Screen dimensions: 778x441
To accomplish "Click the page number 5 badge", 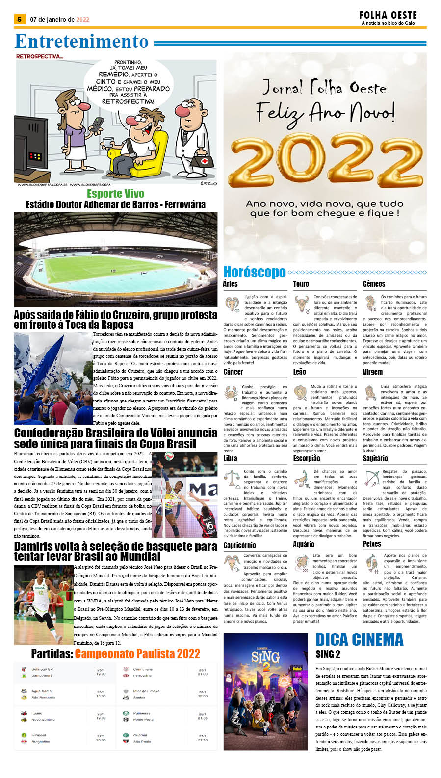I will click(x=19, y=19).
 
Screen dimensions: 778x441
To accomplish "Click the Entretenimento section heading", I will click(x=81, y=41).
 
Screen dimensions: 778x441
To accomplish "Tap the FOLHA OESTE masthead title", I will click(x=388, y=15).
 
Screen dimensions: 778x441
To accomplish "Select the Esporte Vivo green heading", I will click(x=115, y=194).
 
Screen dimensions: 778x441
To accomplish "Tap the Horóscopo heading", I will click(x=254, y=272).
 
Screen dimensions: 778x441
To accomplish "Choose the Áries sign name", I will click(x=230, y=284).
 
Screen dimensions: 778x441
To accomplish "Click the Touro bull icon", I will click(x=302, y=304).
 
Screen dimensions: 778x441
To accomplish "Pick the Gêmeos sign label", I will click(x=374, y=284).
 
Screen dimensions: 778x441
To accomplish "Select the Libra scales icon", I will click(x=232, y=478).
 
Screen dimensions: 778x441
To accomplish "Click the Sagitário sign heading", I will click(x=375, y=458).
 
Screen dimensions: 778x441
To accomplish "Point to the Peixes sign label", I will click(x=372, y=544).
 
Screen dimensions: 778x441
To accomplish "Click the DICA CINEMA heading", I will click(x=359, y=640).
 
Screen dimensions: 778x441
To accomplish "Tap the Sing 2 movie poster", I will click(x=265, y=691).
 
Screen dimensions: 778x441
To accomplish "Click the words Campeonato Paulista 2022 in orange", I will click(x=137, y=653).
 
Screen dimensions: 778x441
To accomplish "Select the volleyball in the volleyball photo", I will click(x=169, y=456).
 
